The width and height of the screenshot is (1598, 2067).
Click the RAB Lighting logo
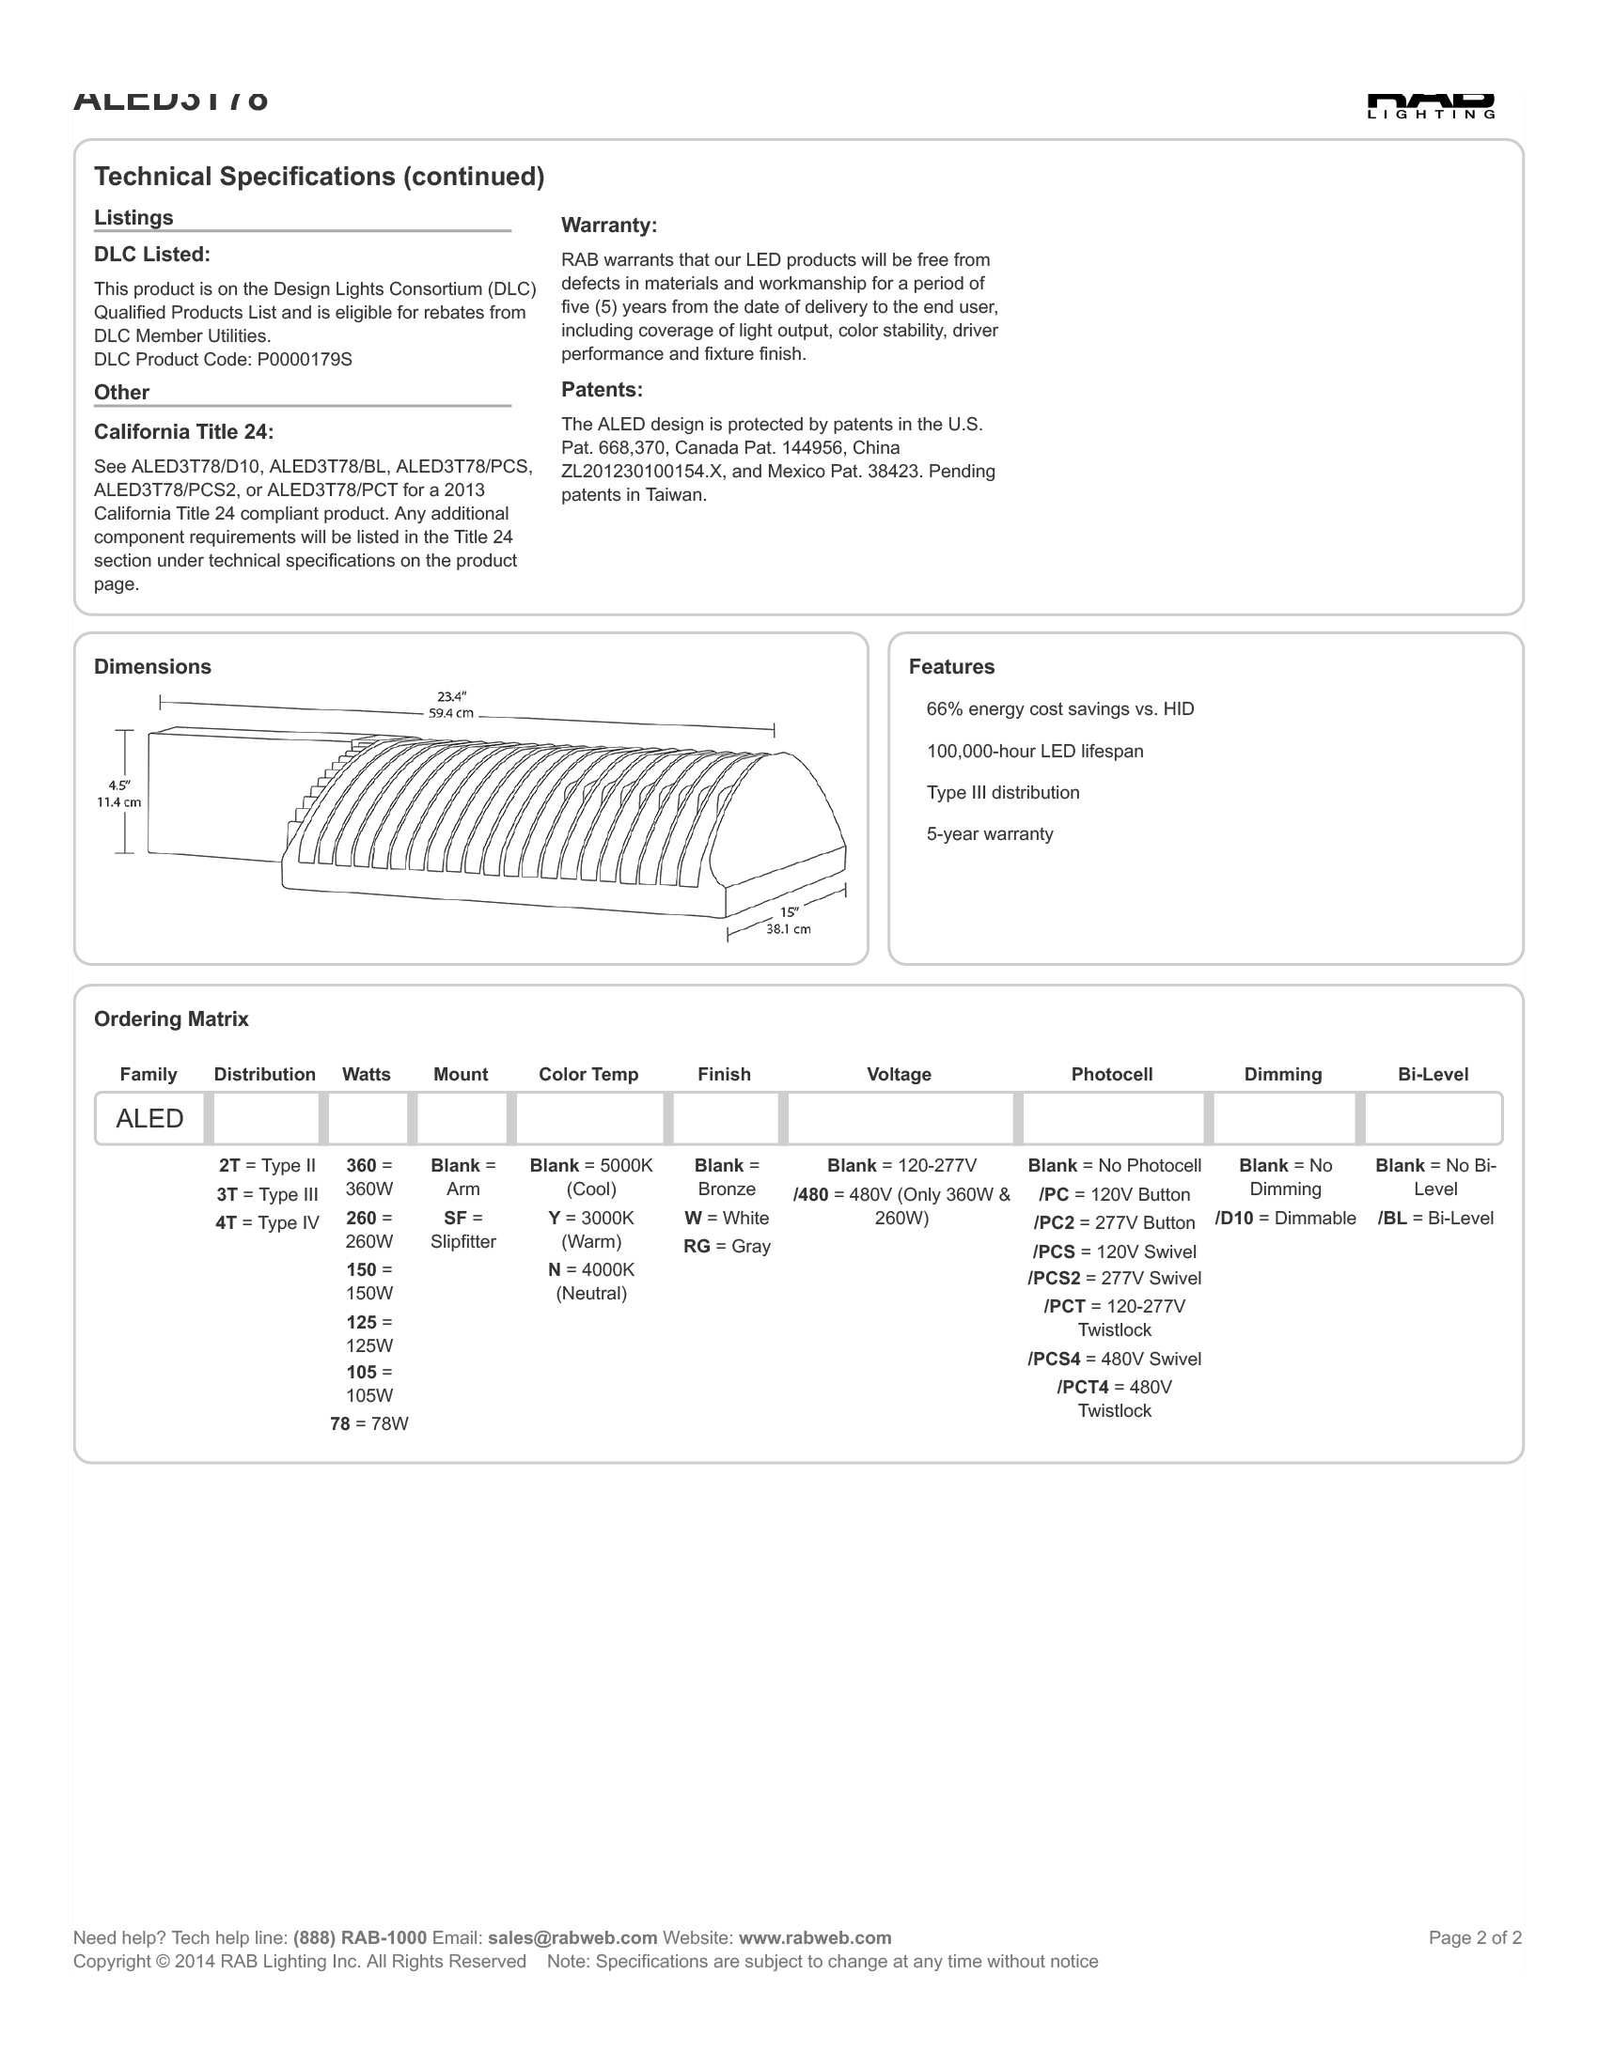(1431, 106)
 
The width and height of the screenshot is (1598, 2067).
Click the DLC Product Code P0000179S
(223, 360)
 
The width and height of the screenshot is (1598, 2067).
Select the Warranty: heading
(609, 225)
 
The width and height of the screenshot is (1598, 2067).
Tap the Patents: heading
(602, 390)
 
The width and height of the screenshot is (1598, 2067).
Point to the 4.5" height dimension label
(119, 794)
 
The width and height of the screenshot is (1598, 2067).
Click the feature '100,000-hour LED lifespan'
(1034, 752)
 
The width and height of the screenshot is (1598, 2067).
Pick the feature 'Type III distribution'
(1003, 793)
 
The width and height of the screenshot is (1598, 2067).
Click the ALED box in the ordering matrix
(149, 1119)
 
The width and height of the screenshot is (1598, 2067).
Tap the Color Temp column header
(587, 1074)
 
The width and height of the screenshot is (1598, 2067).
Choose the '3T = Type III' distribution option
(267, 1194)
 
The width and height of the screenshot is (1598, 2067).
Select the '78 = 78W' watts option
(369, 1423)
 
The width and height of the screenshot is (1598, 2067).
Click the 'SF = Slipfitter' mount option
(462, 1230)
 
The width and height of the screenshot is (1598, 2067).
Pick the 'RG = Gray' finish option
(726, 1247)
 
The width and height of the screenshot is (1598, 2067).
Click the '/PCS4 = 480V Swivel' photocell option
(1114, 1360)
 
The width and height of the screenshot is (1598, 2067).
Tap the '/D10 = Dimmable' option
(1285, 1218)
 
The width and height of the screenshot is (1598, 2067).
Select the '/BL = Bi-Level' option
(1435, 1218)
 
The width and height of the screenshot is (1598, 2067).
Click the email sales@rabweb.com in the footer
(572, 1937)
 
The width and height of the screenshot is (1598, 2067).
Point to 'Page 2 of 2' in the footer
(1474, 1937)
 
